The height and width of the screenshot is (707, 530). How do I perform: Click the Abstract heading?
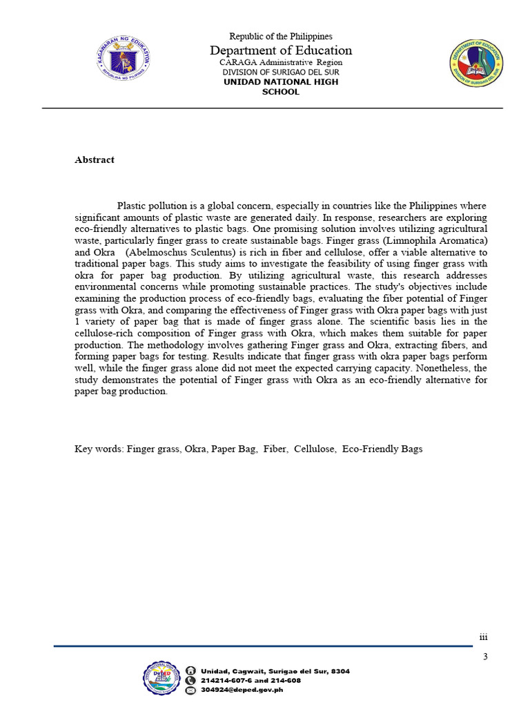point(95,159)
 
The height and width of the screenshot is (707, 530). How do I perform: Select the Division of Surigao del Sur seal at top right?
point(476,63)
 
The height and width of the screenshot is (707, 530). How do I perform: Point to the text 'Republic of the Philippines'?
point(280,36)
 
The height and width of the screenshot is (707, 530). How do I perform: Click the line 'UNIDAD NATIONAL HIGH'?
point(280,82)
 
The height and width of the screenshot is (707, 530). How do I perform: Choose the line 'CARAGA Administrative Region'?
point(280,62)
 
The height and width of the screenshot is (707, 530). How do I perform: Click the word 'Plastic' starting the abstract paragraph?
point(132,206)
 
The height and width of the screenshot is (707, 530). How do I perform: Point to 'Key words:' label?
point(99,449)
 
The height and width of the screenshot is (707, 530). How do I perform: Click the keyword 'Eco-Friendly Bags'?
point(382,449)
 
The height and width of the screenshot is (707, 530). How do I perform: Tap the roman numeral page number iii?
point(483,637)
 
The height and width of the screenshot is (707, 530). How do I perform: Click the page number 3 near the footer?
point(485,657)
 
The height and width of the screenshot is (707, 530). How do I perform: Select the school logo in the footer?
point(163,679)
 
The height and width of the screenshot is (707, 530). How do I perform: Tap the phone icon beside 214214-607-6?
point(190,680)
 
